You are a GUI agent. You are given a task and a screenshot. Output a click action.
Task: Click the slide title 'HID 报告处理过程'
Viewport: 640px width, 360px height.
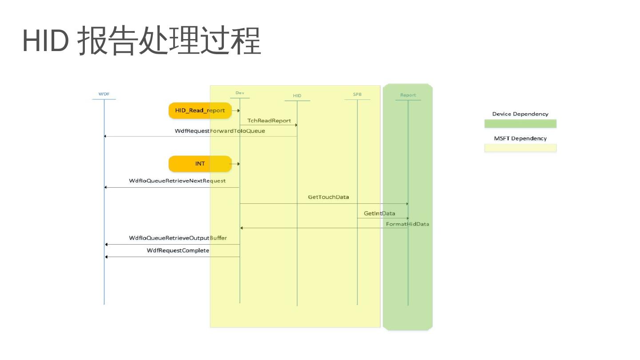pyautogui.click(x=141, y=41)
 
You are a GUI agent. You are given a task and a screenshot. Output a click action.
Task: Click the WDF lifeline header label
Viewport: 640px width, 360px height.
pyautogui.click(x=104, y=94)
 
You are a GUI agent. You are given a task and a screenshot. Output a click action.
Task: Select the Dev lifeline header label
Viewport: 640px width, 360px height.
pyautogui.click(x=240, y=93)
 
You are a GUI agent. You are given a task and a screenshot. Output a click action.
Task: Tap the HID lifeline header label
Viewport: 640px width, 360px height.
pyautogui.click(x=297, y=96)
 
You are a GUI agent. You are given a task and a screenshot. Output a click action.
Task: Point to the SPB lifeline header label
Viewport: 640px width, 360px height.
pyautogui.click(x=357, y=95)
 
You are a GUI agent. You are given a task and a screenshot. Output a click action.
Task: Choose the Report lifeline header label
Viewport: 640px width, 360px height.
pyautogui.click(x=408, y=95)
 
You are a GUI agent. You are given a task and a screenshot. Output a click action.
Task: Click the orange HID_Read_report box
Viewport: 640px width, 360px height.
pyautogui.click(x=200, y=111)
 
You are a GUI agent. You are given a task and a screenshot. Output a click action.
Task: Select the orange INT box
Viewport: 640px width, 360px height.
pyautogui.click(x=200, y=164)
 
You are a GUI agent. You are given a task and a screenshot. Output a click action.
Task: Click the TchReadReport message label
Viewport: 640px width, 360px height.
pyautogui.click(x=269, y=121)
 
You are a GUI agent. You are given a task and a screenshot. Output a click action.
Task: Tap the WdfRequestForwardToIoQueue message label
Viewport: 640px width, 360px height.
pyautogui.click(x=220, y=131)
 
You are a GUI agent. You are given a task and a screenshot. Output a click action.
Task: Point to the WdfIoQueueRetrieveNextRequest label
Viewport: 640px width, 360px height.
pyautogui.click(x=177, y=181)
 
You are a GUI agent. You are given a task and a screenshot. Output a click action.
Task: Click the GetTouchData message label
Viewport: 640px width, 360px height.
pyautogui.click(x=328, y=197)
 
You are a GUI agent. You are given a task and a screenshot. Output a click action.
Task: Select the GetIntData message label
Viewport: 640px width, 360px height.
pyautogui.click(x=379, y=214)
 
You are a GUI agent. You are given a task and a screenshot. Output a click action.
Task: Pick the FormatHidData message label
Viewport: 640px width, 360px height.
pyautogui.click(x=407, y=224)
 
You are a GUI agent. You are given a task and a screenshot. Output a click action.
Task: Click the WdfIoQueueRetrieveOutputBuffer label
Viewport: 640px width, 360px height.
pyautogui.click(x=178, y=238)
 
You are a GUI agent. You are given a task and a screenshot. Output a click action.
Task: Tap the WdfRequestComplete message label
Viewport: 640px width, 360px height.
pyautogui.click(x=178, y=251)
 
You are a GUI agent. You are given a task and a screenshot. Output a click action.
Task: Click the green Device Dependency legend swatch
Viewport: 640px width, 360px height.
pyautogui.click(x=520, y=124)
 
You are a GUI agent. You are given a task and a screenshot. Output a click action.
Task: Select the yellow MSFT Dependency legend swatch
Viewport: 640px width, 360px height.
pyautogui.click(x=520, y=148)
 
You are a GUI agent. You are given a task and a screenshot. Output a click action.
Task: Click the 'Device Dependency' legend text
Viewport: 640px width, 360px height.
pyautogui.click(x=520, y=114)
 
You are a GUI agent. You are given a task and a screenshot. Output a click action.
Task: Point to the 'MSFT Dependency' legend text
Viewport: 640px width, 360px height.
pyautogui.click(x=520, y=138)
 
